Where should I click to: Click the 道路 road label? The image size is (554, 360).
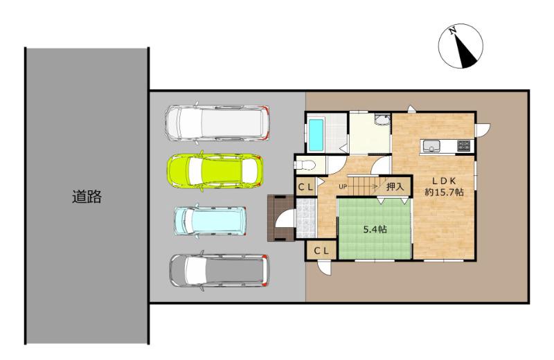click(87, 197)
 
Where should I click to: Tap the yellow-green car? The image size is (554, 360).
click(215, 170)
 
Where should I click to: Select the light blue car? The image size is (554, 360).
click(211, 221)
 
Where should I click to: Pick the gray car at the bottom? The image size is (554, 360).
click(219, 271)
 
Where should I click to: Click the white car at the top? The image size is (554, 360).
click(217, 123)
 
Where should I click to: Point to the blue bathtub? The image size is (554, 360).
click(316, 134)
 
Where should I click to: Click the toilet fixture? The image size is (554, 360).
click(305, 165)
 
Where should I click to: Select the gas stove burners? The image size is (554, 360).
click(464, 145)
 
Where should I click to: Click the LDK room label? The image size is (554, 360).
click(445, 181)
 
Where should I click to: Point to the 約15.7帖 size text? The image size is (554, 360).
click(445, 192)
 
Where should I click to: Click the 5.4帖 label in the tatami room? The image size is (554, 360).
click(375, 230)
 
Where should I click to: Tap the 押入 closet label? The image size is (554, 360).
click(395, 186)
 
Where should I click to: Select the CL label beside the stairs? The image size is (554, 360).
click(305, 187)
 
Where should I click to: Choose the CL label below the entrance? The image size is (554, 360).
click(321, 251)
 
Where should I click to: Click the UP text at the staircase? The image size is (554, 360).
click(343, 186)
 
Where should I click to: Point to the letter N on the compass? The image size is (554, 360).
click(452, 31)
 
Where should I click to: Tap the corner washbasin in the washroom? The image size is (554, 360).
click(383, 120)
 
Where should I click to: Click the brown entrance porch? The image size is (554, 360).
click(280, 218)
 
